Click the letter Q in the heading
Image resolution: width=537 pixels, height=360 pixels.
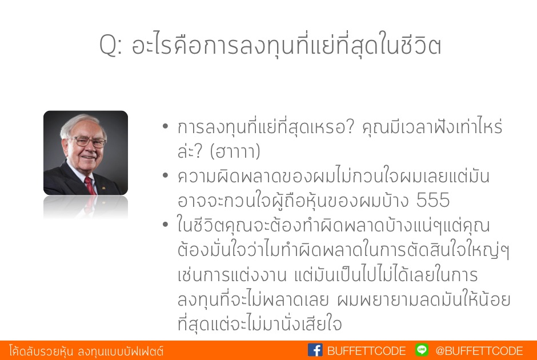click(108, 45)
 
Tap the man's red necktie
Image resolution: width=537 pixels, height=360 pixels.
click(90, 186)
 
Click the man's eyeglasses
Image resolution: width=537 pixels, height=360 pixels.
click(87, 141)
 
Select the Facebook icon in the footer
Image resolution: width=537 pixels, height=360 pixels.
click(315, 350)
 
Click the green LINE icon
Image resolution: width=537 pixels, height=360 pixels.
click(422, 350)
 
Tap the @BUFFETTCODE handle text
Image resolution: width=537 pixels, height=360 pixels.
click(479, 351)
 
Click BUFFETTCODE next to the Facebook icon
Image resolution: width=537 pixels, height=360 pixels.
click(366, 351)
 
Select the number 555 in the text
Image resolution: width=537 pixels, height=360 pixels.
click(433, 200)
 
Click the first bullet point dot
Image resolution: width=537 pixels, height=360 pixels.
click(166, 126)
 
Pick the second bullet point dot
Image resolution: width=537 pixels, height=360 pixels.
click(166, 175)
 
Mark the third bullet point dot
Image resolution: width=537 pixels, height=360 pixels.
click(166, 225)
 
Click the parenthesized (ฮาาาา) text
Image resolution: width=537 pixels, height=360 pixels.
click(235, 151)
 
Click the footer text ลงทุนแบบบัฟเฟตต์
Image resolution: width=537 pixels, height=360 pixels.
click(121, 351)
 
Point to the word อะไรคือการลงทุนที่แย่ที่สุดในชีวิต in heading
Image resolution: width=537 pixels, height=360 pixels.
click(286, 44)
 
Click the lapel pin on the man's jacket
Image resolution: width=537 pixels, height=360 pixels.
click(103, 187)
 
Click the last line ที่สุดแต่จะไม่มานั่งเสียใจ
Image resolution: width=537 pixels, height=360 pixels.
click(259, 323)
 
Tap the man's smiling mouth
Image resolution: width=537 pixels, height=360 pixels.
click(88, 157)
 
